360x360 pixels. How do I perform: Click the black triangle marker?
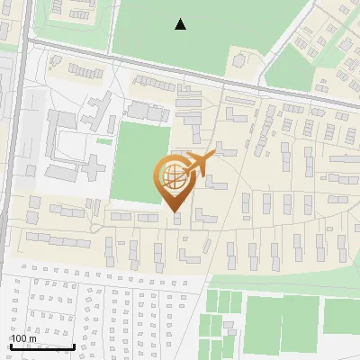(181, 24)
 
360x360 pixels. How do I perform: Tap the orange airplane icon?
(199, 164)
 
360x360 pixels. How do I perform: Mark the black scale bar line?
(41, 346)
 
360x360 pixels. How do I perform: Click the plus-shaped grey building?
(89, 167)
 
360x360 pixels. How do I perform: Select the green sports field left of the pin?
(142, 162)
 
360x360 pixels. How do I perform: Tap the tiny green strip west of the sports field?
(104, 140)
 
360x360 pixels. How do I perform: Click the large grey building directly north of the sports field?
(145, 111)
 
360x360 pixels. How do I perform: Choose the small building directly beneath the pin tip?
(176, 218)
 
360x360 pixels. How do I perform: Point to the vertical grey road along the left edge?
(17, 135)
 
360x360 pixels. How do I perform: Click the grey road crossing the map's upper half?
(180, 72)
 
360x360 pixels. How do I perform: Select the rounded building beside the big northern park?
(240, 59)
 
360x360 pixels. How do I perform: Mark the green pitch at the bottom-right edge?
(342, 315)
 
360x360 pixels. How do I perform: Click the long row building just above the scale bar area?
(59, 240)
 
